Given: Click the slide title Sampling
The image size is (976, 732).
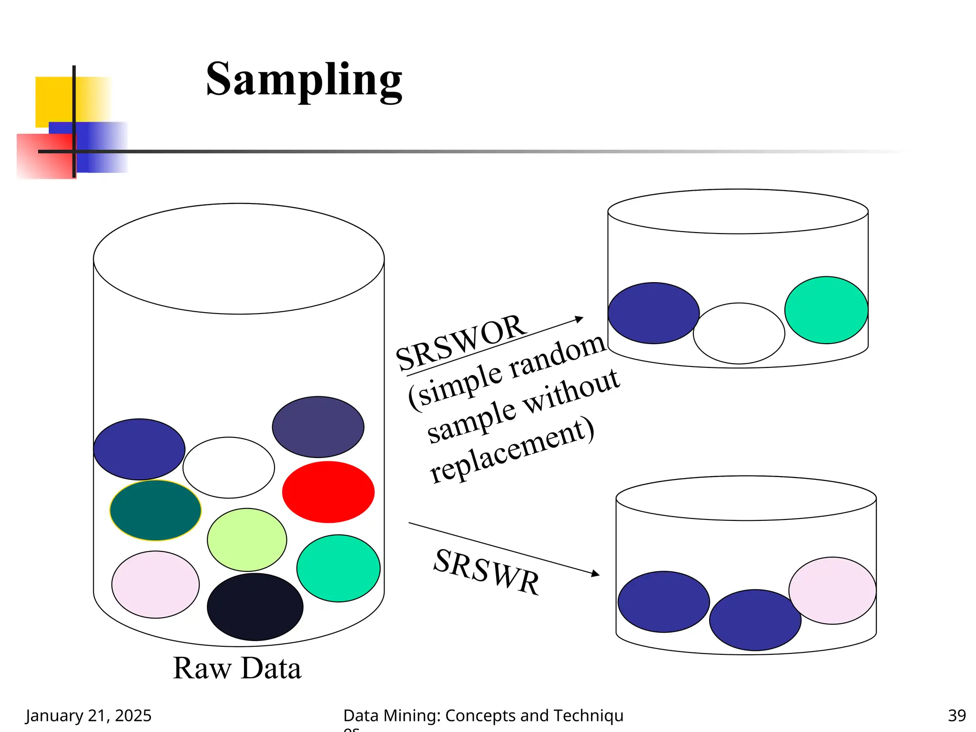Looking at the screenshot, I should pyautogui.click(x=304, y=80).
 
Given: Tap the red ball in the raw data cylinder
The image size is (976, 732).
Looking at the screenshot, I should pyautogui.click(x=328, y=492).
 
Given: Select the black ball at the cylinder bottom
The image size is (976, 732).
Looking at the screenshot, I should pyautogui.click(x=255, y=607).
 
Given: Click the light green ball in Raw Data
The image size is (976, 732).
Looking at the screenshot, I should pyautogui.click(x=247, y=539).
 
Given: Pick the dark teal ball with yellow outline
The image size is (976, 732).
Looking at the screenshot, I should pyautogui.click(x=155, y=510).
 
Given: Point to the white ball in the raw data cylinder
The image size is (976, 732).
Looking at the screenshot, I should pyautogui.click(x=229, y=468).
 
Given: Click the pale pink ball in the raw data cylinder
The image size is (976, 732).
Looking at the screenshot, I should pyautogui.click(x=155, y=585).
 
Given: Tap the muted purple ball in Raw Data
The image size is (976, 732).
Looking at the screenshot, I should pyautogui.click(x=318, y=427).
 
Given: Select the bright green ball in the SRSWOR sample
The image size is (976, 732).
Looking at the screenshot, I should pyautogui.click(x=826, y=310).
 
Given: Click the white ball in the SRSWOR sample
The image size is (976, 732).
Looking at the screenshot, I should pyautogui.click(x=739, y=333).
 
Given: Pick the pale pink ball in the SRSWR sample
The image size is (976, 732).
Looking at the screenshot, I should pyautogui.click(x=832, y=590).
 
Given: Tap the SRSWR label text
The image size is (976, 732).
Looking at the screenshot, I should pyautogui.click(x=487, y=571).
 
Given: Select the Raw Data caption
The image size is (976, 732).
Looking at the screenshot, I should pyautogui.click(x=237, y=668).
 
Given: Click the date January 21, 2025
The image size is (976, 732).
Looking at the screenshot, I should pyautogui.click(x=88, y=715).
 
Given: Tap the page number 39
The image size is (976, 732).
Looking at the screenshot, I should pyautogui.click(x=956, y=715).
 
